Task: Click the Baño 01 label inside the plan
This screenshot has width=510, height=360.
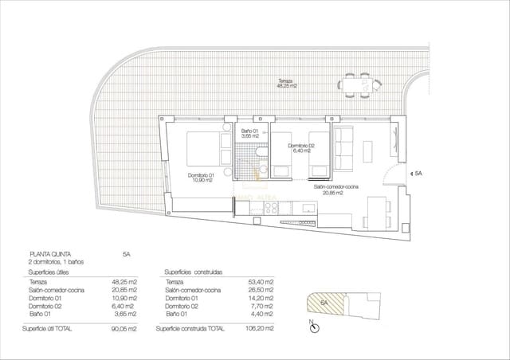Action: (x=249, y=133)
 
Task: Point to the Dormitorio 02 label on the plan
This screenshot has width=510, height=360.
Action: (x=302, y=147)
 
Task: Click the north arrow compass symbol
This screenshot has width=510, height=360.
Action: (x=316, y=327)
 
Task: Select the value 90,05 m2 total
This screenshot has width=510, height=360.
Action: (x=124, y=328)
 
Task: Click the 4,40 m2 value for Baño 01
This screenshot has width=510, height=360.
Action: (x=262, y=315)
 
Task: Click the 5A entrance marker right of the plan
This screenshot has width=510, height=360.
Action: (x=418, y=172)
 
